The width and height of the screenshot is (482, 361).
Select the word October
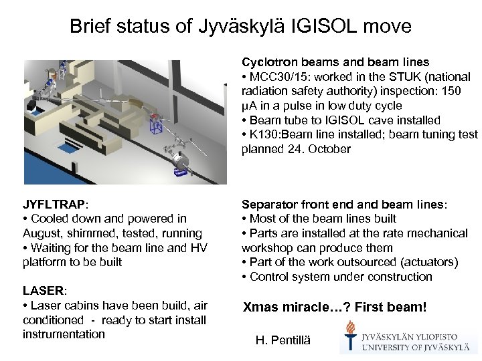(x=329, y=149)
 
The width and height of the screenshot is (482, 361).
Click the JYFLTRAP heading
(x=52, y=204)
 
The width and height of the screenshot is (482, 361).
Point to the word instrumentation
(x=64, y=334)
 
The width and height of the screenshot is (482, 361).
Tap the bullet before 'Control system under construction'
(x=244, y=277)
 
